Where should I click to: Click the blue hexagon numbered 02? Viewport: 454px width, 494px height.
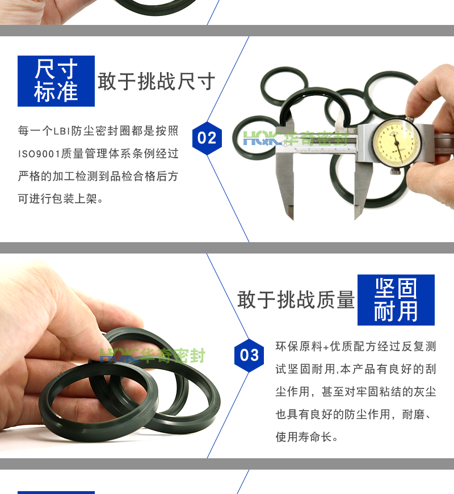coord(207,138)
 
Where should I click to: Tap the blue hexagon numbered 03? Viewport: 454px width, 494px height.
coord(249,355)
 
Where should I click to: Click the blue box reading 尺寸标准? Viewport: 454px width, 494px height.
coord(56,81)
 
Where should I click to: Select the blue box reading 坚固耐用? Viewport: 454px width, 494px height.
coord(396,300)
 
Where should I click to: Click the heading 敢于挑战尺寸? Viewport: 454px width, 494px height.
coord(157,81)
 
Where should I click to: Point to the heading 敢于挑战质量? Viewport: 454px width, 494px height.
coord(296,299)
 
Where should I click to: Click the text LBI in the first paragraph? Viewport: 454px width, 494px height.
coord(61,131)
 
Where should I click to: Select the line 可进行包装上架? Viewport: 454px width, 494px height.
coord(60,199)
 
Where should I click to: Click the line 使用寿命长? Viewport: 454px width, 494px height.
coord(306,437)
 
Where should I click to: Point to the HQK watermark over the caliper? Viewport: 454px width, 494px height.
coord(296,138)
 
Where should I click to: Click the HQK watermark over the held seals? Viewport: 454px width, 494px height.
coord(153,356)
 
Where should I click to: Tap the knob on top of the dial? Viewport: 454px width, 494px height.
coord(409,120)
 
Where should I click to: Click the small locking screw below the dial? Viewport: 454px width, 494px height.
coord(396,171)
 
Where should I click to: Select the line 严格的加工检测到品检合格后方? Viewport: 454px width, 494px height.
coord(98,176)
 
